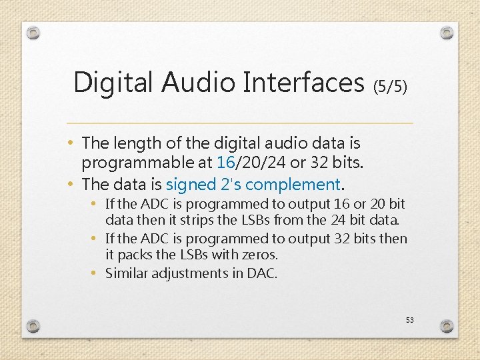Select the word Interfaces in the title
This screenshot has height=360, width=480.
coord(304,83)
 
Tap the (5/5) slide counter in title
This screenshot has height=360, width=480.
coord(390,86)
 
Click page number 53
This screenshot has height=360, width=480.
coord(409,320)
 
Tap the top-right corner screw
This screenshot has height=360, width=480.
coord(447,32)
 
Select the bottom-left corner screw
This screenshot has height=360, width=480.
coord(33,326)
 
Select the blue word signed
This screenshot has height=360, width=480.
coord(191,184)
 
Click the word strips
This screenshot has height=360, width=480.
coord(198,220)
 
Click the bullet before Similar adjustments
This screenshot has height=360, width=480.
coord(97,273)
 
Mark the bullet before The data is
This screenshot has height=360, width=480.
coord(71,184)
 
